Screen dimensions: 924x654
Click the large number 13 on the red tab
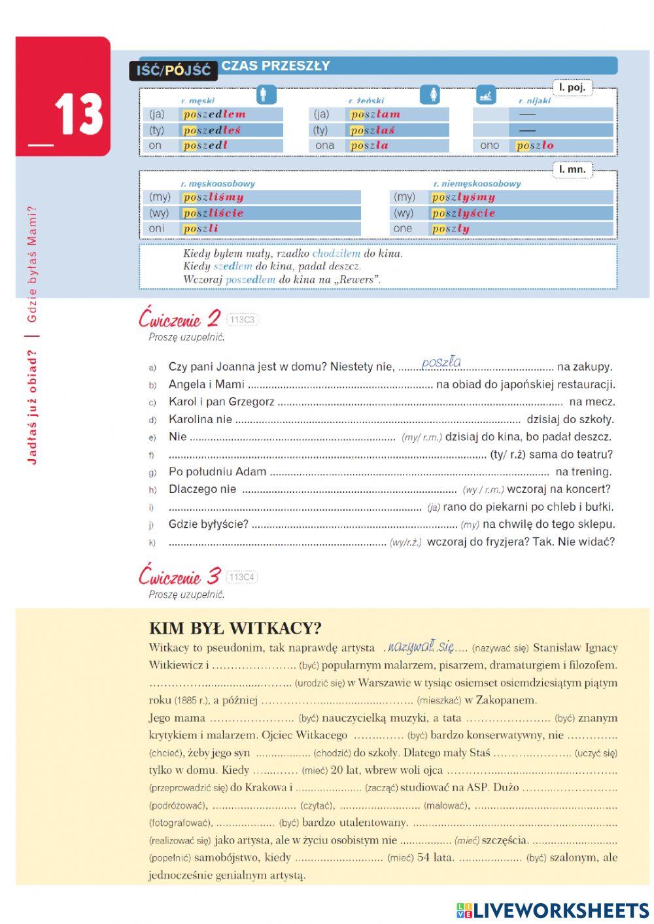(x=78, y=114)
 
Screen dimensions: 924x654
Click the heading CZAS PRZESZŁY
(x=275, y=65)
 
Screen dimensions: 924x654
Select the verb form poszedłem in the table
(x=214, y=114)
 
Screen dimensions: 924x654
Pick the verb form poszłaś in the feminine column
(x=372, y=130)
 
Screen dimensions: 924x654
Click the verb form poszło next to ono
(x=534, y=146)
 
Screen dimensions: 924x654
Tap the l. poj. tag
(x=572, y=88)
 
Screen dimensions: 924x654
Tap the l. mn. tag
(x=572, y=169)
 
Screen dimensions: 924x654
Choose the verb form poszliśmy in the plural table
(x=213, y=197)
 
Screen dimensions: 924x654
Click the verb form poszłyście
(x=462, y=213)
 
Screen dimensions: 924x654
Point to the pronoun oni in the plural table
(x=157, y=228)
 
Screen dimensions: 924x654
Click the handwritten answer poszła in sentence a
(x=441, y=362)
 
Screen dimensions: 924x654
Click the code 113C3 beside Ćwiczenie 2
(x=241, y=320)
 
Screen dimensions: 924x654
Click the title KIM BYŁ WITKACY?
(x=235, y=628)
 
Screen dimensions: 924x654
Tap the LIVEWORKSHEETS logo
(x=552, y=910)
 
